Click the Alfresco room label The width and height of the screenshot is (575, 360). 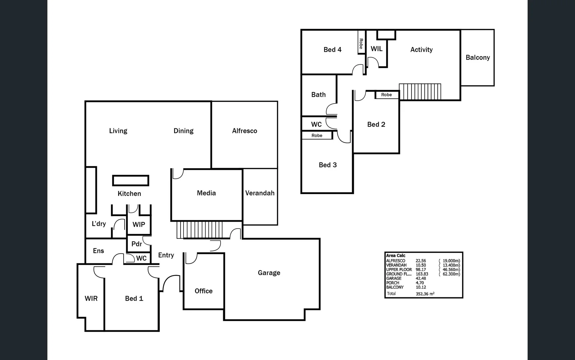click(x=245, y=131)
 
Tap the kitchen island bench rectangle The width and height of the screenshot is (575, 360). click(x=131, y=180)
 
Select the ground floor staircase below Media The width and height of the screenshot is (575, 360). click(x=199, y=229)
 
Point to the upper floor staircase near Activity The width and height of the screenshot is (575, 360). click(x=420, y=92)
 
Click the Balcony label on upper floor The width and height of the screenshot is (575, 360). click(x=477, y=57)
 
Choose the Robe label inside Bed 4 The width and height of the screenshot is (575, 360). click(x=361, y=44)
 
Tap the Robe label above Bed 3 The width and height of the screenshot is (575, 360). click(x=317, y=135)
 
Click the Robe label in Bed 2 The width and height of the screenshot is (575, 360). click(x=386, y=95)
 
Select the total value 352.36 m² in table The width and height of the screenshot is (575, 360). click(x=425, y=294)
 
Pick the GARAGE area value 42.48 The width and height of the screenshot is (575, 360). click(x=421, y=278)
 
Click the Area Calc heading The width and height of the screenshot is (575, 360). click(x=395, y=255)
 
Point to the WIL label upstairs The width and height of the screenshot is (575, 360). click(x=376, y=49)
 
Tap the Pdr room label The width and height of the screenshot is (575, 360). click(x=137, y=244)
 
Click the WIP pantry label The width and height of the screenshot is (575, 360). click(x=139, y=224)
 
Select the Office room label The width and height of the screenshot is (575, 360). click(x=203, y=291)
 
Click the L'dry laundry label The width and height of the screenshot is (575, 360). click(x=99, y=223)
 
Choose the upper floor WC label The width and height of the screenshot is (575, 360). click(x=316, y=124)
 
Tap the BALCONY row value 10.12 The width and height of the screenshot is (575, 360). click(x=421, y=287)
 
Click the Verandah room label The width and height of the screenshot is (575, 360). click(x=260, y=193)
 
